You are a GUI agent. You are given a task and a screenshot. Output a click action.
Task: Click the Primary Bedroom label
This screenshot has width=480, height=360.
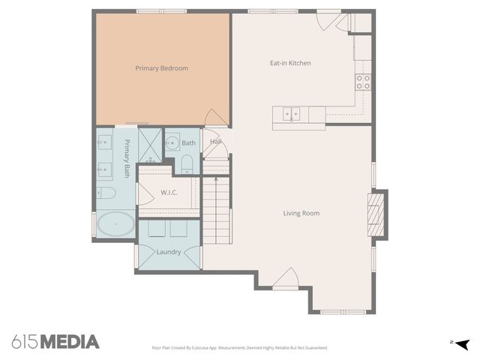pyautogui.click(x=162, y=68)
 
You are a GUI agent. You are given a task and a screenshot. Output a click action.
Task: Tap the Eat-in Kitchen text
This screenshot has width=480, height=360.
pyautogui.click(x=290, y=63)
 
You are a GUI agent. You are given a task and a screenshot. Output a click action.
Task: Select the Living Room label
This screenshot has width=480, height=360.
pyautogui.click(x=301, y=213)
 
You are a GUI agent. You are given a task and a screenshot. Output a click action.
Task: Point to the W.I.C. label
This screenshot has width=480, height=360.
pyautogui.click(x=169, y=193)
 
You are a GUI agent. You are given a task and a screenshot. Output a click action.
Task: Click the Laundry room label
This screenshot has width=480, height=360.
pyautogui.click(x=168, y=252)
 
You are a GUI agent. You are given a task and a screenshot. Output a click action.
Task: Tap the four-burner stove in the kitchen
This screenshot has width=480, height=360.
pyautogui.click(x=363, y=82)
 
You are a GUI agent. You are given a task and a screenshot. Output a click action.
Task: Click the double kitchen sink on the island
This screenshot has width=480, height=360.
pyautogui.click(x=291, y=114)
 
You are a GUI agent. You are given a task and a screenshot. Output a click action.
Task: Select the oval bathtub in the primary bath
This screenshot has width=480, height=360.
pyautogui.click(x=115, y=223)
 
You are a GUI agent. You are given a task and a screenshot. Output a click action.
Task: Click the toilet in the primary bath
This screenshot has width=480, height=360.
pyautogui.click(x=106, y=193)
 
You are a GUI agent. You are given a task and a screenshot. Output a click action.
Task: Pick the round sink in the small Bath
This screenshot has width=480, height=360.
pyautogui.click(x=172, y=142)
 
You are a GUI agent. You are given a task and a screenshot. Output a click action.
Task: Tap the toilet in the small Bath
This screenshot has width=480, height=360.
pyautogui.click(x=187, y=164)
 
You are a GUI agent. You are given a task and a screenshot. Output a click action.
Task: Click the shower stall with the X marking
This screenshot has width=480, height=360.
pyautogui.click(x=150, y=145)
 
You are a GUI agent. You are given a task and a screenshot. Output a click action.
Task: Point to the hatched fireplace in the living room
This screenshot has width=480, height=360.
pyautogui.click(x=376, y=214)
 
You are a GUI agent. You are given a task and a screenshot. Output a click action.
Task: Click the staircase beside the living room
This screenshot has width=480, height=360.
pyautogui.click(x=216, y=210)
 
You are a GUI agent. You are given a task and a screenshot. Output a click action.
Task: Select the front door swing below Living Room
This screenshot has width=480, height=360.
pyautogui.click(x=286, y=278)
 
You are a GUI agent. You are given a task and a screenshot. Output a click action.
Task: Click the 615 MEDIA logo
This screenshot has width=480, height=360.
pyautogui.click(x=55, y=342)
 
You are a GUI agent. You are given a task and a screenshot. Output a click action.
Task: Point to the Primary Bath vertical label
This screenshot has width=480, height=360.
pyautogui.click(x=127, y=158)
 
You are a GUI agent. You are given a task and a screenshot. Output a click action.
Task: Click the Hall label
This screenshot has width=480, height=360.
pyautogui.click(x=215, y=142)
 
